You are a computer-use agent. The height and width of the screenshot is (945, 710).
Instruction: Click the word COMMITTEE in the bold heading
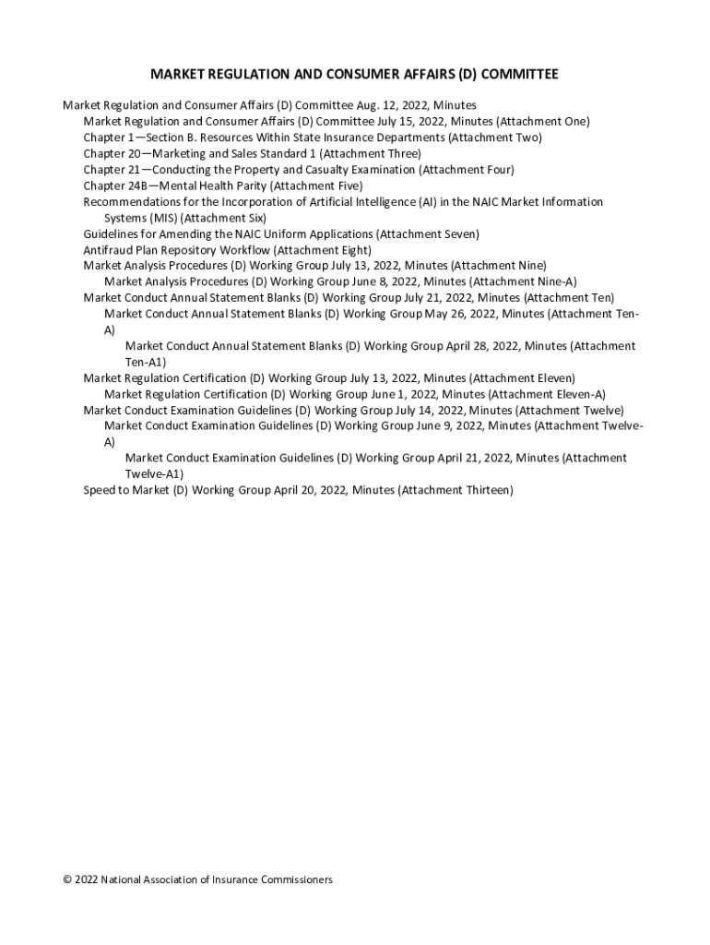pos(516,74)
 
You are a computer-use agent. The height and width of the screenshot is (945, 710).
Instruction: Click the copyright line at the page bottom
pos(197,879)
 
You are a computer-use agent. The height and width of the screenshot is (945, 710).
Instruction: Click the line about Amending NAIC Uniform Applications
pos(281,233)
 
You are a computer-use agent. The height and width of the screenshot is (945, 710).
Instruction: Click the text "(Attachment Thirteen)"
pos(456,490)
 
